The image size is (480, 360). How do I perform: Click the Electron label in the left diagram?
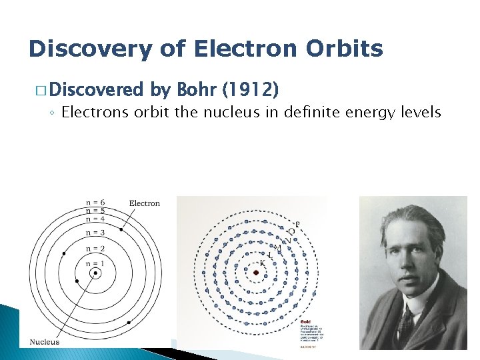144,203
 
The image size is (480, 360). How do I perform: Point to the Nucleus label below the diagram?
45,342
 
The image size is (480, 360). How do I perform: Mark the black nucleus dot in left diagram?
96,273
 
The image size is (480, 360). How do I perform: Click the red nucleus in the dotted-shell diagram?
256,272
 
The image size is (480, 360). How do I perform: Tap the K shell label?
263,263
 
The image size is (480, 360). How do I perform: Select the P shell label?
297,223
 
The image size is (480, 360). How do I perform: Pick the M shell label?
278,248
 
